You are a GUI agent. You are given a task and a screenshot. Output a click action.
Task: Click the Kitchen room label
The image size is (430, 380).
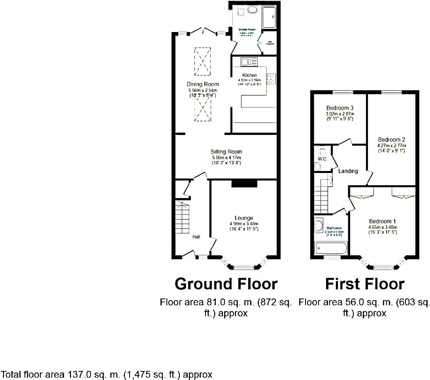[x=250, y=75]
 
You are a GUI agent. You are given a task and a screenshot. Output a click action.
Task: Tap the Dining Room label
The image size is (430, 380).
[x=203, y=84]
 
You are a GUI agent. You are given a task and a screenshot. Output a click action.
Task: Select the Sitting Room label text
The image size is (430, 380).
[x=226, y=152]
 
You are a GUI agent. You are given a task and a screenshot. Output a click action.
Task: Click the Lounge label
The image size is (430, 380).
[x=244, y=218]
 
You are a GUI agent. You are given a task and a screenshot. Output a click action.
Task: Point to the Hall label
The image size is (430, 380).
[x=196, y=237]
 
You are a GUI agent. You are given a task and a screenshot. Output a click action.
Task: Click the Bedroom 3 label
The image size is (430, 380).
[x=340, y=108]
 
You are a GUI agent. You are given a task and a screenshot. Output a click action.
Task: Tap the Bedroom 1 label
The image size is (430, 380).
[x=383, y=221]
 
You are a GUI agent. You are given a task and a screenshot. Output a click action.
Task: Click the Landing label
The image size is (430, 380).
[x=348, y=171]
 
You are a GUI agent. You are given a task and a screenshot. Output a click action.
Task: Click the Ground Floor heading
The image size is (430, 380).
[x=226, y=284]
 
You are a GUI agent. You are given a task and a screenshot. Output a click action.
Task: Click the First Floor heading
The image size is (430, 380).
[x=364, y=284]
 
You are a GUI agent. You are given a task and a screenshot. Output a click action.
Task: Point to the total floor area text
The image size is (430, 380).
[x=107, y=374]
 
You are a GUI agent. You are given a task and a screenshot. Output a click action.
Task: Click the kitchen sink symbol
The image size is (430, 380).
[x=249, y=62]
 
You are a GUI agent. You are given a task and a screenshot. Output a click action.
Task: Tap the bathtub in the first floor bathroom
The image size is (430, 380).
[x=331, y=249]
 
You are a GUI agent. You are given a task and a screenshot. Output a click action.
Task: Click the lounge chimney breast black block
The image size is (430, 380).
[x=244, y=183]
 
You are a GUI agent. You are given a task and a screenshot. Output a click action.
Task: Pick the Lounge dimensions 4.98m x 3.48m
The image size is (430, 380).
[x=244, y=224]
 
